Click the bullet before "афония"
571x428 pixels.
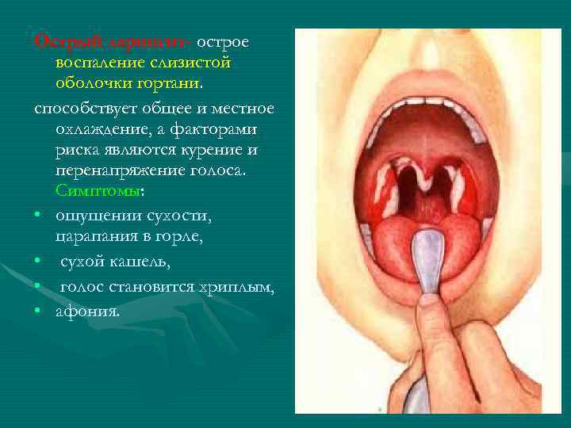[x=38, y=311]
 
